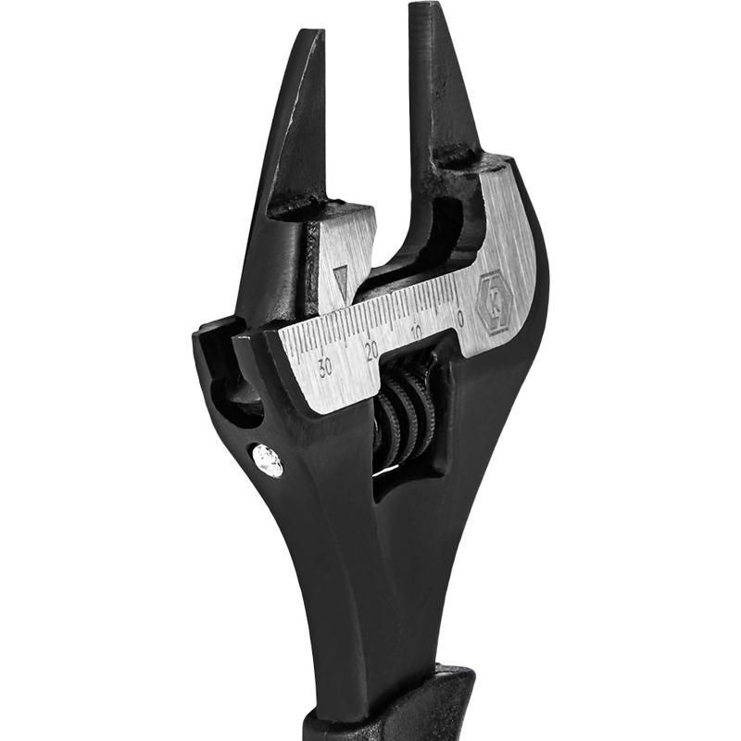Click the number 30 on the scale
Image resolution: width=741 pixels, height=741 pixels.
tap(325, 367)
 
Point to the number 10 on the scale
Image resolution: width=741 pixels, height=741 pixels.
tap(416, 333)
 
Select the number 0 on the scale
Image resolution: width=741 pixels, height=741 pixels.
tap(461, 319)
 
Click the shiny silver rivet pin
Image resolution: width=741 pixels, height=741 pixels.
tap(268, 459)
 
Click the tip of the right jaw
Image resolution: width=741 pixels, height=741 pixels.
tap(425, 6)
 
